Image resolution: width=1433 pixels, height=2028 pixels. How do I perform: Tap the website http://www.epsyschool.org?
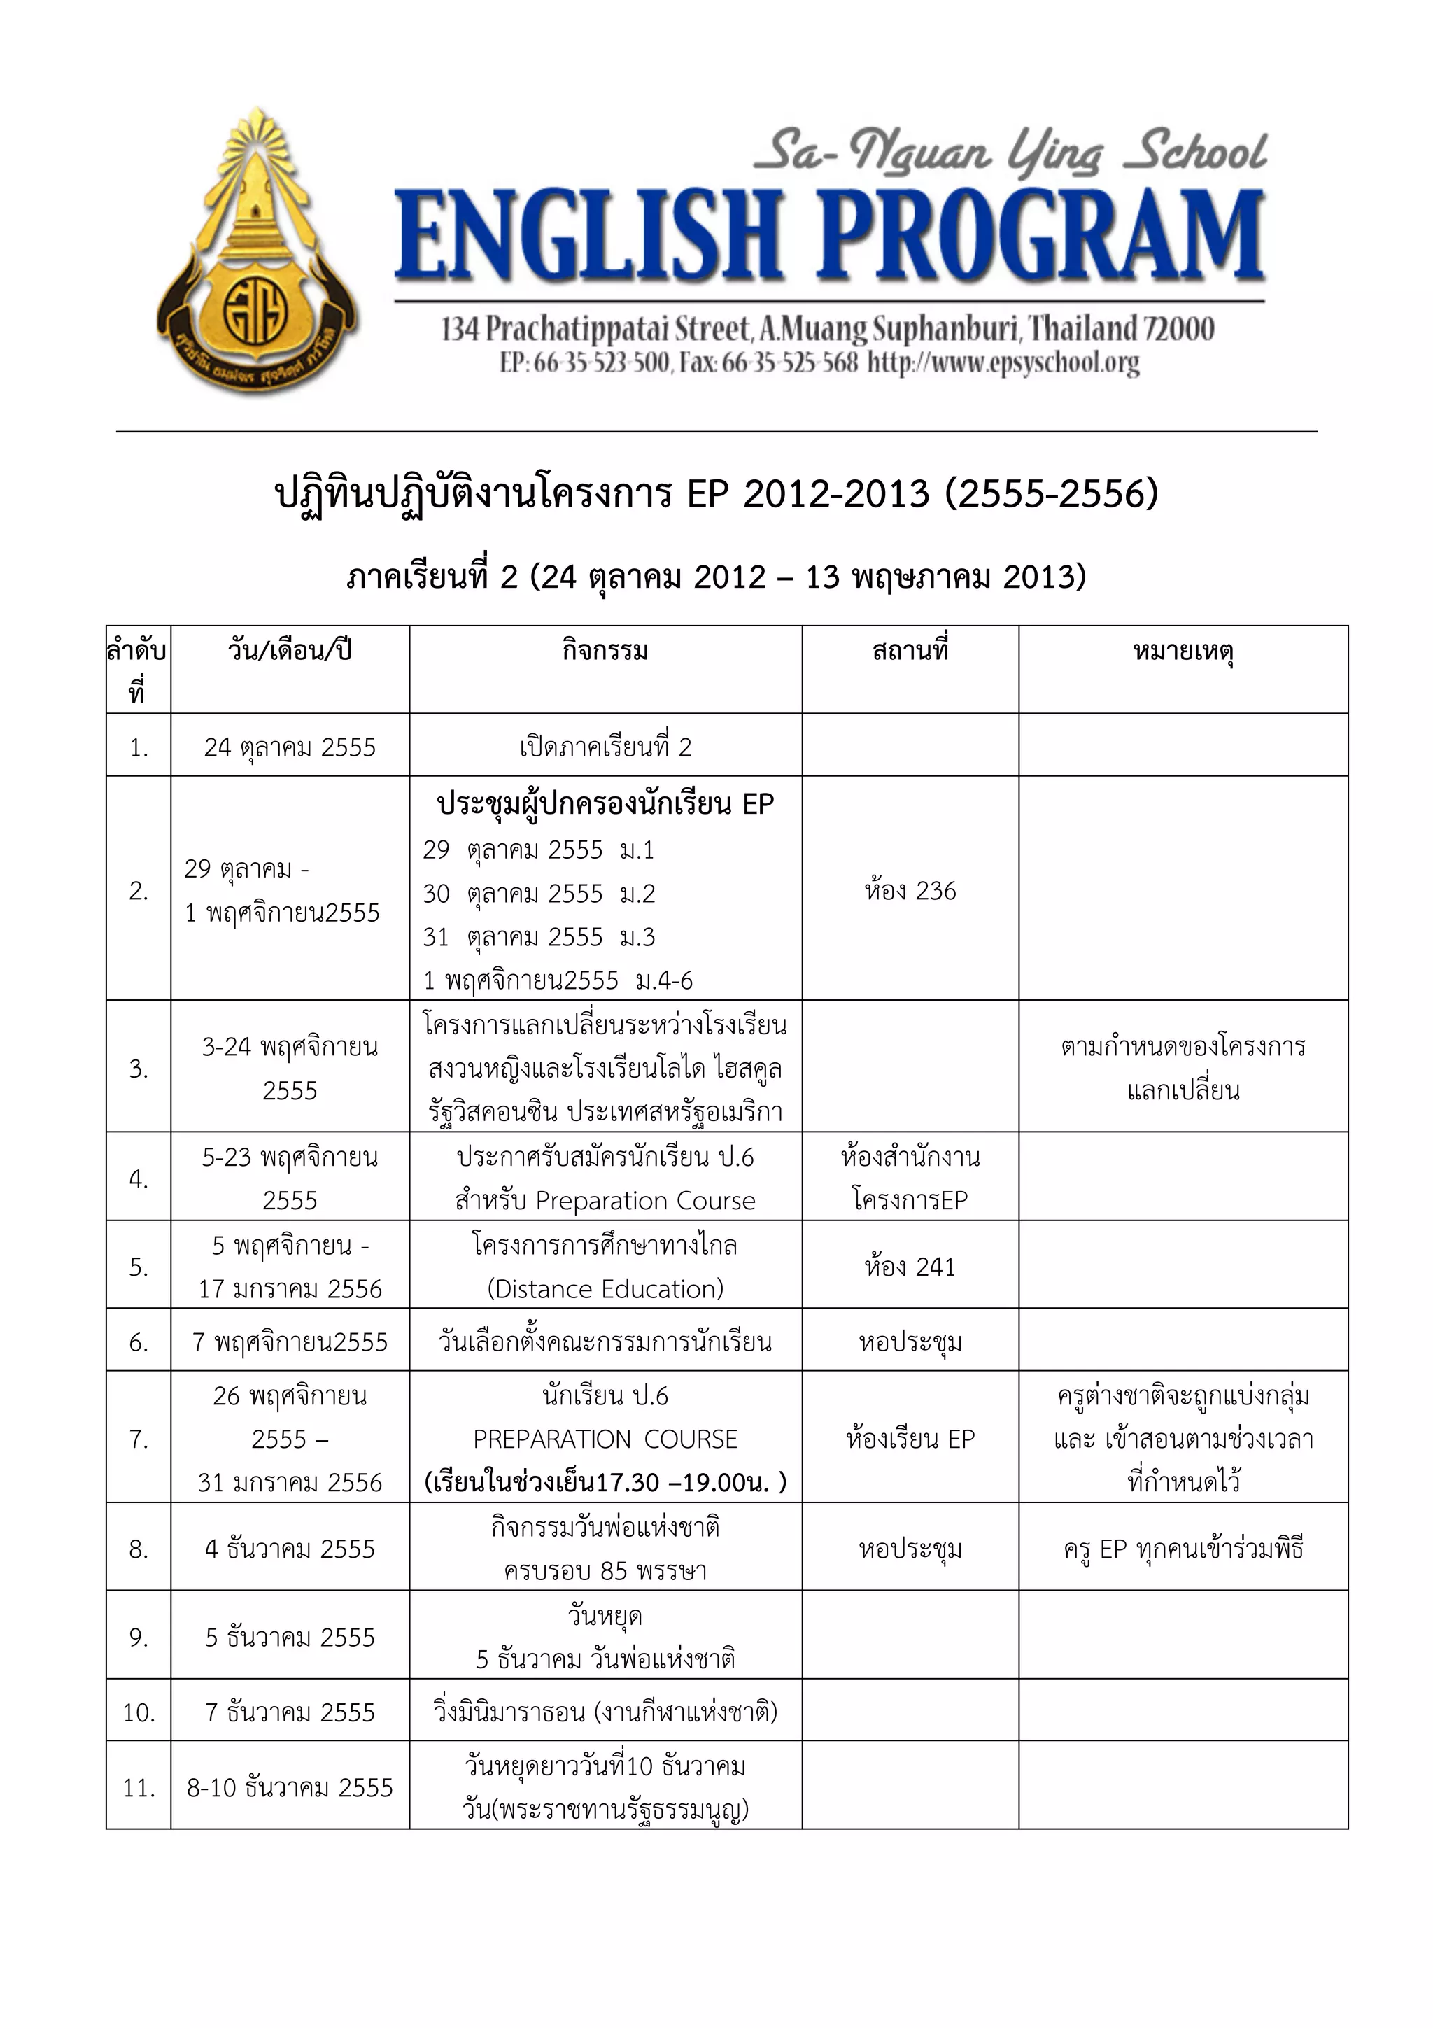(1003, 363)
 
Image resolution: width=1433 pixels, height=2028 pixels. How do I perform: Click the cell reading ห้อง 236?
(910, 890)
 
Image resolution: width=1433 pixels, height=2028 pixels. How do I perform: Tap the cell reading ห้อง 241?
(910, 1267)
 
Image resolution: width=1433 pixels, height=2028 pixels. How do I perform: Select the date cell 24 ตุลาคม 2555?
(290, 747)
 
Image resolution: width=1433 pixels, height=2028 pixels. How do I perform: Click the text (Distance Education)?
(605, 1289)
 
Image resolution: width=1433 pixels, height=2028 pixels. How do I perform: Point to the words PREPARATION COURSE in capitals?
(605, 1439)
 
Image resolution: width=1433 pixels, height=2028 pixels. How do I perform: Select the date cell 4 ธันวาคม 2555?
(290, 1549)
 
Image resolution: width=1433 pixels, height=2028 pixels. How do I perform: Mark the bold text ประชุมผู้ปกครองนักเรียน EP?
(605, 804)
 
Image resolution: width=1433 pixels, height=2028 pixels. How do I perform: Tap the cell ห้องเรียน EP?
(910, 1439)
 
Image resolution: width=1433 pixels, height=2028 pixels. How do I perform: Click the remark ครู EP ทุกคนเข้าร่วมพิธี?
(1183, 1549)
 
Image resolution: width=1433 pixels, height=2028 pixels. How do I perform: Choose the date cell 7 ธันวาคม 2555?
(290, 1712)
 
